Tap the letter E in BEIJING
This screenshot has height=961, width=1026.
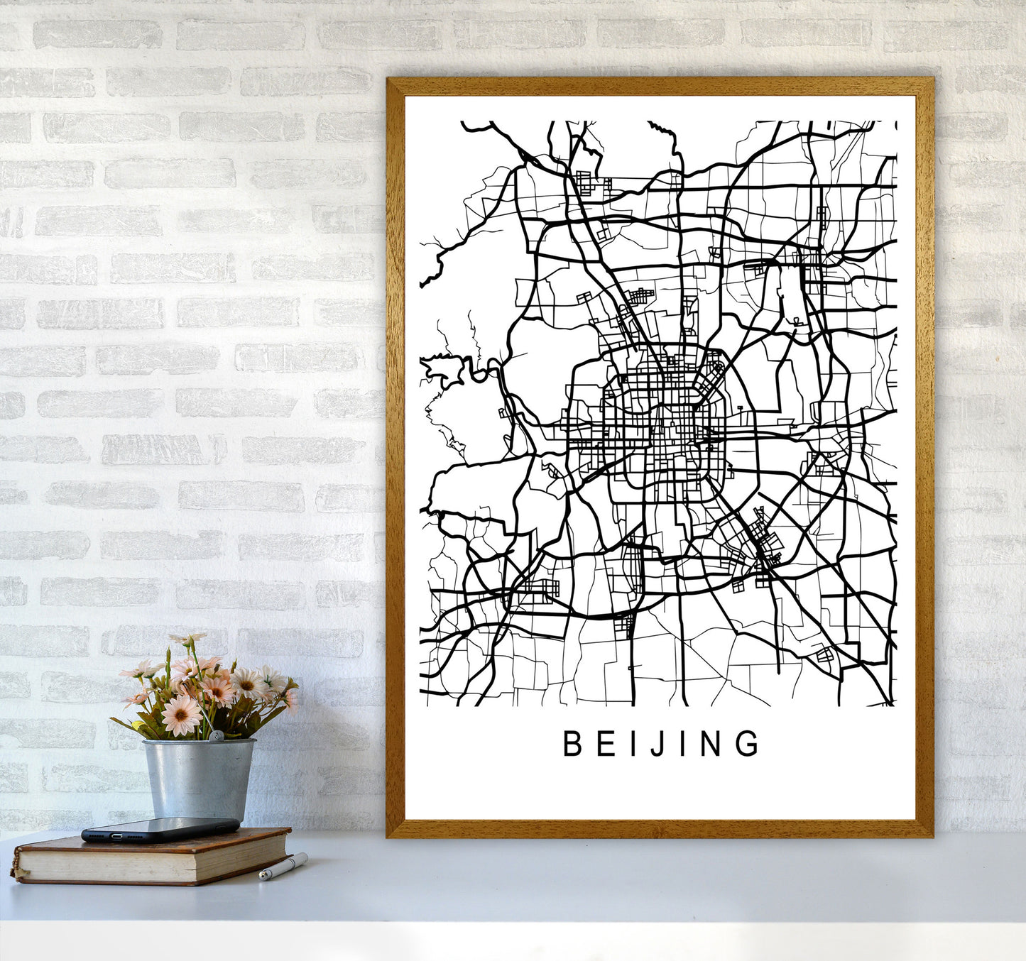click(606, 744)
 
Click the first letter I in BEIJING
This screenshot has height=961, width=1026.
click(634, 744)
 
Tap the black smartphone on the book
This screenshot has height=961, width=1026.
click(160, 829)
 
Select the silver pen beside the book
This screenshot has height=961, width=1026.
click(283, 867)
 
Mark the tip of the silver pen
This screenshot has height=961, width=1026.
click(262, 877)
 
